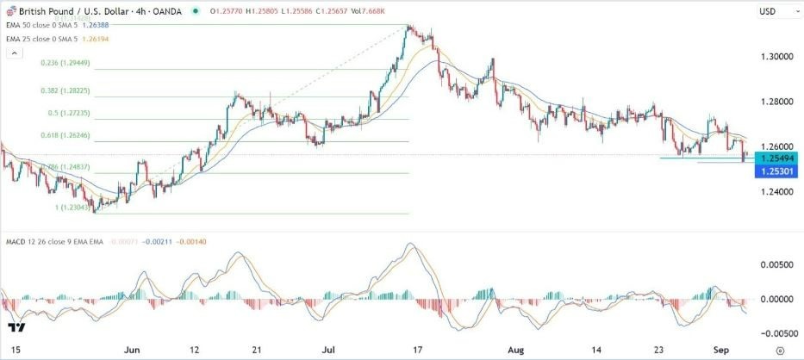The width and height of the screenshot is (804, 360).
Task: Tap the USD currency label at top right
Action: (769, 11)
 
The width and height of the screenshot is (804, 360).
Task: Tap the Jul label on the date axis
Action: (327, 351)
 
